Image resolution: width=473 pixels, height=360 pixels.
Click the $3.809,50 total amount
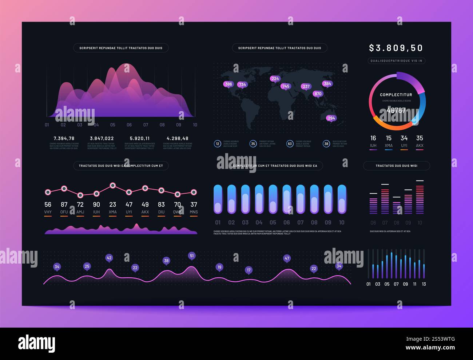(x=396, y=48)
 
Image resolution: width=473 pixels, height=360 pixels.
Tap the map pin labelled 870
(x=318, y=94)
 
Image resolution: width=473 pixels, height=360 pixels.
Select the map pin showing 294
(x=331, y=118)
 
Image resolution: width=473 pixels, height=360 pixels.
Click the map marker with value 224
(x=275, y=79)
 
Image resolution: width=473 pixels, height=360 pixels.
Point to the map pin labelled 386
(x=228, y=84)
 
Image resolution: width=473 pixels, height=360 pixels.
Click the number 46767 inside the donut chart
(x=396, y=110)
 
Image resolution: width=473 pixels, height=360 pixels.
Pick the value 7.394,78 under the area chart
(x=64, y=138)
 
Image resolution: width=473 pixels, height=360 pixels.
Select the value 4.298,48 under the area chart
(x=178, y=138)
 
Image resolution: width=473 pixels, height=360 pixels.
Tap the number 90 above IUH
(x=96, y=205)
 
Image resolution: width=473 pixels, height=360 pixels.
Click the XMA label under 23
(x=113, y=212)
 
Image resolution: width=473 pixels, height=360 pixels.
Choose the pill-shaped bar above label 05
(x=273, y=199)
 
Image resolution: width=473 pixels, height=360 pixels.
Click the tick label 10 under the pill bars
(x=342, y=222)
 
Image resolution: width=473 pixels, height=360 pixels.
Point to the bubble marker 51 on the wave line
(x=192, y=256)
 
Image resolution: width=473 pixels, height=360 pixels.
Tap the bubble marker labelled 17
(x=249, y=270)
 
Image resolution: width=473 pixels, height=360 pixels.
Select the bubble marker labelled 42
(x=109, y=258)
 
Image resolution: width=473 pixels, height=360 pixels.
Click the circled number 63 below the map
(x=290, y=144)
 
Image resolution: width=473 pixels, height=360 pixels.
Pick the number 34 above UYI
(x=404, y=138)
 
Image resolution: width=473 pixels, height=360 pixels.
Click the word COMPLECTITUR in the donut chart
(x=396, y=95)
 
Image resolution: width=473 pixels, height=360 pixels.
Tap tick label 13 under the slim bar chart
(x=424, y=284)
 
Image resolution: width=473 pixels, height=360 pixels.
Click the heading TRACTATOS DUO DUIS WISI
(x=396, y=166)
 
